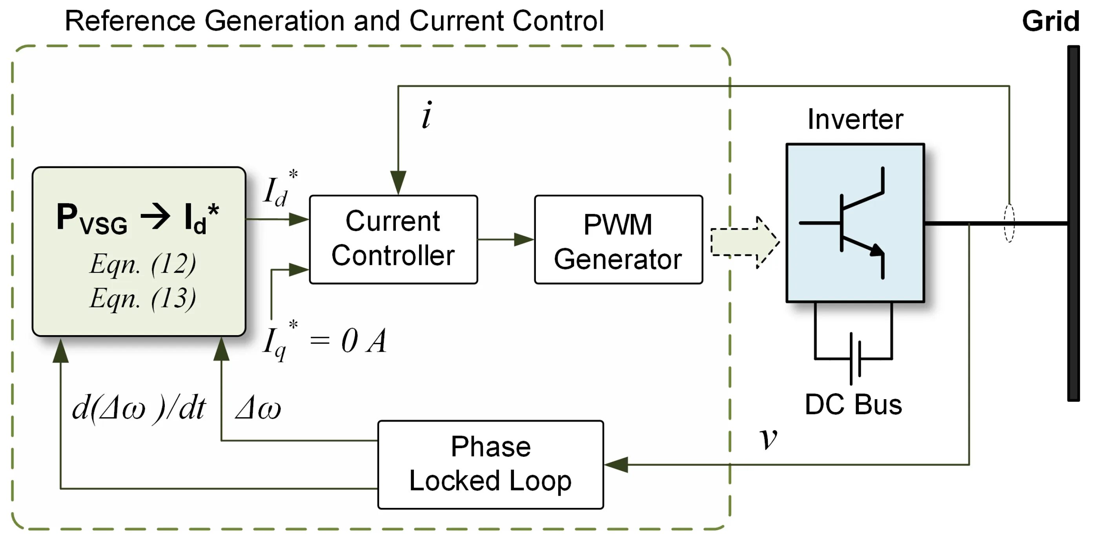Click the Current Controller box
point(393,239)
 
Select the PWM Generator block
point(618,239)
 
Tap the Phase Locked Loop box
point(490,465)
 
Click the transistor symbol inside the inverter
point(855,223)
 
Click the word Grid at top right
point(1050,21)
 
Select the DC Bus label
point(853,405)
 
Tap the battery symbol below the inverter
point(855,358)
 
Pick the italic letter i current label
point(427,115)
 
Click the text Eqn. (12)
point(143,264)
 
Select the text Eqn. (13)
point(143,298)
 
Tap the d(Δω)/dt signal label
point(138,408)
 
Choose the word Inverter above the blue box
point(855,119)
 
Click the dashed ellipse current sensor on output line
point(1009,223)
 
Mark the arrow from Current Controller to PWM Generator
point(506,239)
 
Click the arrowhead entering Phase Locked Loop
point(616,464)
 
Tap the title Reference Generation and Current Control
point(334,21)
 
